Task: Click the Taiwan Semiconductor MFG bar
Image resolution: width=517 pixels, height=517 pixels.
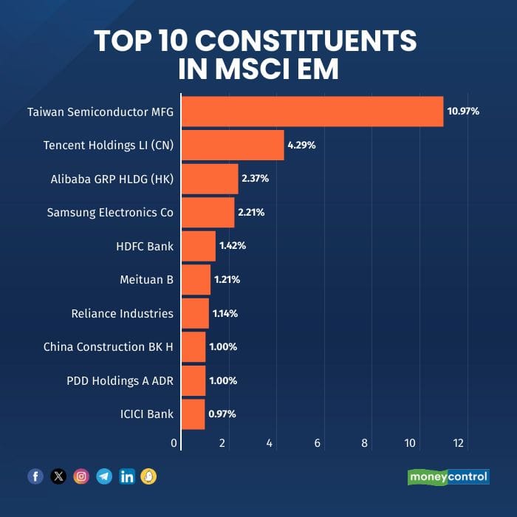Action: pyautogui.click(x=312, y=112)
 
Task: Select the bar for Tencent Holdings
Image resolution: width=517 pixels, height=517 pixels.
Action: pyautogui.click(x=233, y=145)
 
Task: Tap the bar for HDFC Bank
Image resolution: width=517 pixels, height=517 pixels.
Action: pyautogui.click(x=199, y=246)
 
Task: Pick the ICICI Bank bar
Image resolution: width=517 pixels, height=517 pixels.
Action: pyautogui.click(x=193, y=414)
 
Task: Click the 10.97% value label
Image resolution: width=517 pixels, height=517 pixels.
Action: pyautogui.click(x=463, y=112)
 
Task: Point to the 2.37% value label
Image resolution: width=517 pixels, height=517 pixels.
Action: pyautogui.click(x=255, y=179)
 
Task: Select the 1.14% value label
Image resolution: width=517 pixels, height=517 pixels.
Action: pyautogui.click(x=225, y=313)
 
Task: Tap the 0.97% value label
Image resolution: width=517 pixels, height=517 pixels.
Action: pyautogui.click(x=222, y=414)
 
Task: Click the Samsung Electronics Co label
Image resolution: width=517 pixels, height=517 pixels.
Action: pyautogui.click(x=110, y=213)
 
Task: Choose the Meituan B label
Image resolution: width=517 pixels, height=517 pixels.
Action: pyautogui.click(x=146, y=280)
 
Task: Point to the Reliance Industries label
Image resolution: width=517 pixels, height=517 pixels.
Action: pyautogui.click(x=123, y=313)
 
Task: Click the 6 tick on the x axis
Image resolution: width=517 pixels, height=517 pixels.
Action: pyautogui.click(x=318, y=443)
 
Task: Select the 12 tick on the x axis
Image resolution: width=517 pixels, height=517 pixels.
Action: pyautogui.click(x=459, y=443)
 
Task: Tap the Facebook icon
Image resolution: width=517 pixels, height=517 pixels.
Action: pyautogui.click(x=35, y=476)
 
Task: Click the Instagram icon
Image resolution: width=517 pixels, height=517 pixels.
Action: pyautogui.click(x=81, y=476)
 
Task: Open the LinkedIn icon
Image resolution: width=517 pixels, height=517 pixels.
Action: pyautogui.click(x=127, y=476)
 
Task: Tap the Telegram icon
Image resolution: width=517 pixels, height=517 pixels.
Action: pyautogui.click(x=104, y=476)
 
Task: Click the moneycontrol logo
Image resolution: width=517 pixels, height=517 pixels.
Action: pyautogui.click(x=448, y=476)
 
